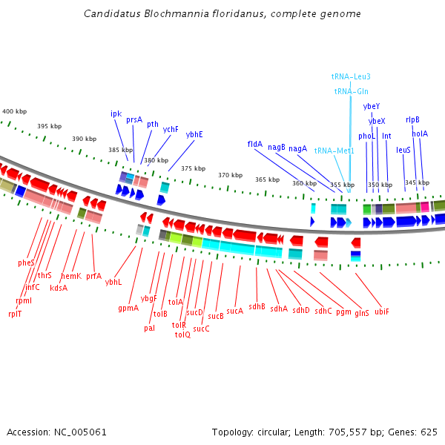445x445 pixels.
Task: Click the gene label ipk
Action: pos(116,114)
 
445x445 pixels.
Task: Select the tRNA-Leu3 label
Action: pos(351,76)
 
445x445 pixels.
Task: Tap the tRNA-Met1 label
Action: pos(334,151)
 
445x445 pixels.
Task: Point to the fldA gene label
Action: pos(255,144)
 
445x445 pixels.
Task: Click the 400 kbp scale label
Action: pos(15,111)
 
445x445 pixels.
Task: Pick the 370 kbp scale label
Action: pos(230,175)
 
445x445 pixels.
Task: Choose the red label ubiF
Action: pos(382,311)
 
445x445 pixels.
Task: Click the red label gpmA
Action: pos(128,309)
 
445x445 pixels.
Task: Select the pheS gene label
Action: pos(26,263)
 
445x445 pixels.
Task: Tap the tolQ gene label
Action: pos(182,334)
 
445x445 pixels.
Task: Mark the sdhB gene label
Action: pos(257,306)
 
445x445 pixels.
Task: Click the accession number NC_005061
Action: pos(80,432)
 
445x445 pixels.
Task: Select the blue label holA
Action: pos(420,133)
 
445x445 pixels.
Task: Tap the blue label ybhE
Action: pos(194,134)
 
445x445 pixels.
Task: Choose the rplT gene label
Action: pos(15,314)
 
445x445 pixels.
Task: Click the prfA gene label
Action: pos(93,276)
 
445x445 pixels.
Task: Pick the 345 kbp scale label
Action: pos(417,182)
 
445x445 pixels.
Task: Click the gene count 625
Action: pos(429,432)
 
